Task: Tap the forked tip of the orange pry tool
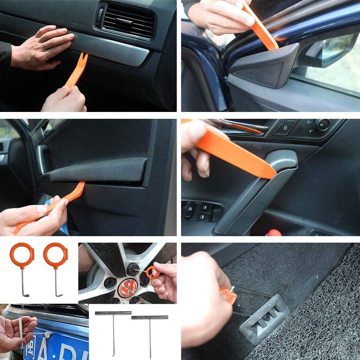coord(84,58)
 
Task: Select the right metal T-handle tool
coord(150,331)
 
